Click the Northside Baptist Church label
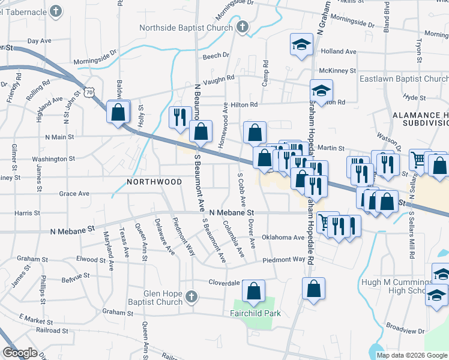[x=185, y=28]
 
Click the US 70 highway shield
[x=89, y=92]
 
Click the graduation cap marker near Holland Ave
[x=301, y=44]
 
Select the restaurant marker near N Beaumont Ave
[x=179, y=116]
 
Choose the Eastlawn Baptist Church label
[x=403, y=79]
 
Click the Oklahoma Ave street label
[x=283, y=237]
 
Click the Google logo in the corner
[x=20, y=353]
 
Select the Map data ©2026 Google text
[x=412, y=355]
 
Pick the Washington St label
[x=53, y=159]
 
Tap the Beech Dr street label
[x=216, y=56]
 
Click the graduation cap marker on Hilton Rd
[x=321, y=91]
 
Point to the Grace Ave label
[x=74, y=194]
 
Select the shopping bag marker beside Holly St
[x=118, y=112]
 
